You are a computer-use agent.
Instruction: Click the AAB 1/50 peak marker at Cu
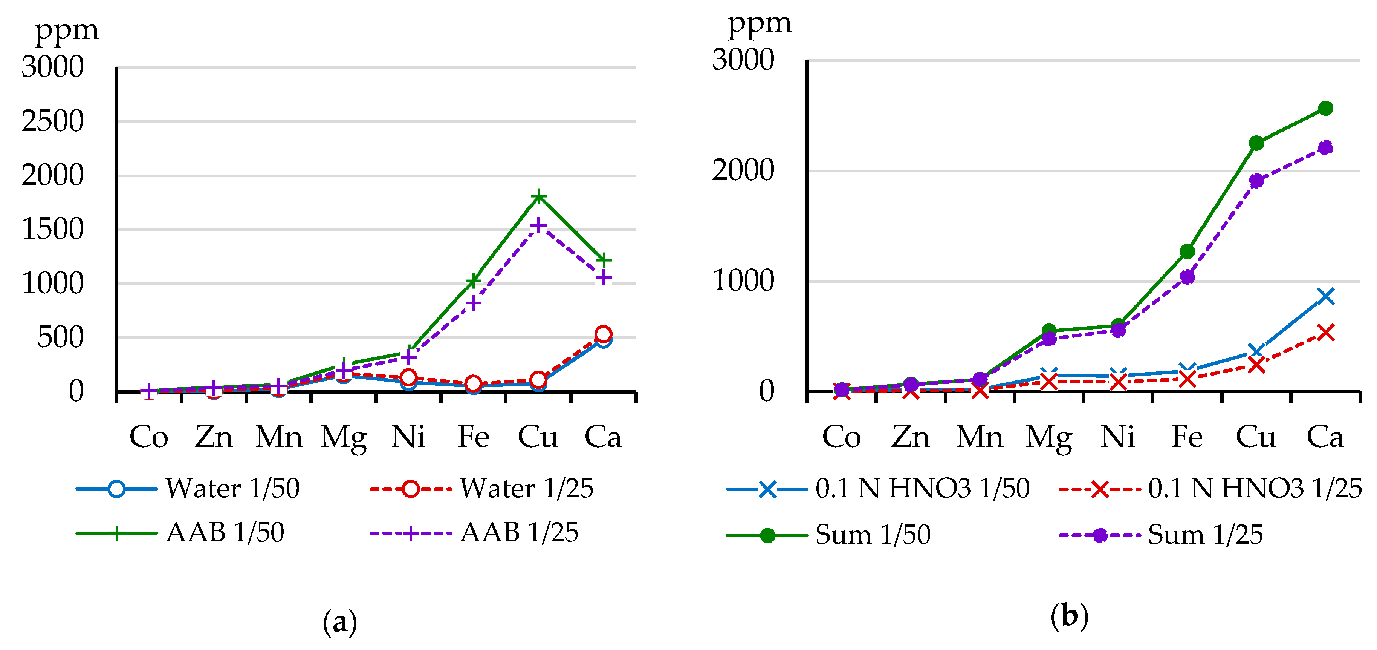coord(538,197)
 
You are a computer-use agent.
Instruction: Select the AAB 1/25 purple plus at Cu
coord(538,225)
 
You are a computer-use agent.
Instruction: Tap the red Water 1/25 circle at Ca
coord(603,334)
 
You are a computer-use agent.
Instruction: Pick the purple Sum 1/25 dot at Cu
coord(1256,180)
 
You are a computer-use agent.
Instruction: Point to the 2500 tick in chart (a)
coord(52,121)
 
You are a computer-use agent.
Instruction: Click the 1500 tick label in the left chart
coord(52,230)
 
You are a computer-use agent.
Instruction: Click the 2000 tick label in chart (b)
coord(743,171)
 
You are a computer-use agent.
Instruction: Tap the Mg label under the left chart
coord(344,438)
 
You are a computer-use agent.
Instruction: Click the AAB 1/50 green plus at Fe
coord(473,281)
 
